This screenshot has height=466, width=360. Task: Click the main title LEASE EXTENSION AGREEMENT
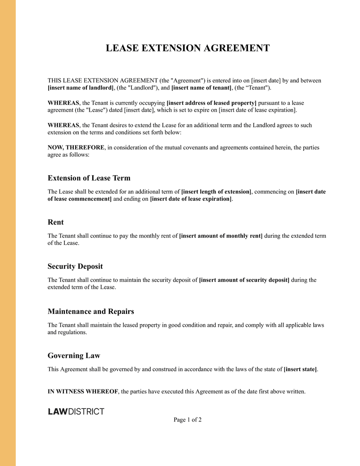(x=188, y=48)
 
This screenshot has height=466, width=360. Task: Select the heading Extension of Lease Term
(x=89, y=178)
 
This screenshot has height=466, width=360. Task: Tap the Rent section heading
(x=56, y=222)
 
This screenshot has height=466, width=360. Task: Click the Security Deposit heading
(x=75, y=267)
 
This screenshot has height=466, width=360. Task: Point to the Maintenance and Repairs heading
(x=91, y=311)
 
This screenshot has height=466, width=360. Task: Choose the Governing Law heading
(x=74, y=356)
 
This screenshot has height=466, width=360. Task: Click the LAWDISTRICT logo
(x=76, y=411)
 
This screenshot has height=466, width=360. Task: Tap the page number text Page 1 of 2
(x=188, y=420)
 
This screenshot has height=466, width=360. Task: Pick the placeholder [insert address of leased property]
(x=211, y=103)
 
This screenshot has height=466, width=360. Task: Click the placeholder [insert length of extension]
(x=216, y=192)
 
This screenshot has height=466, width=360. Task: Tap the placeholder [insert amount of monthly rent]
(x=220, y=236)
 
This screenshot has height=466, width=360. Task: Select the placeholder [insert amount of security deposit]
(x=244, y=280)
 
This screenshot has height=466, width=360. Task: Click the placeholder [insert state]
(x=300, y=370)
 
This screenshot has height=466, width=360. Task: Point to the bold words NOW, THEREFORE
(x=76, y=148)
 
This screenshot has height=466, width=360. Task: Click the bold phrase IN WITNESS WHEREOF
(x=83, y=392)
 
